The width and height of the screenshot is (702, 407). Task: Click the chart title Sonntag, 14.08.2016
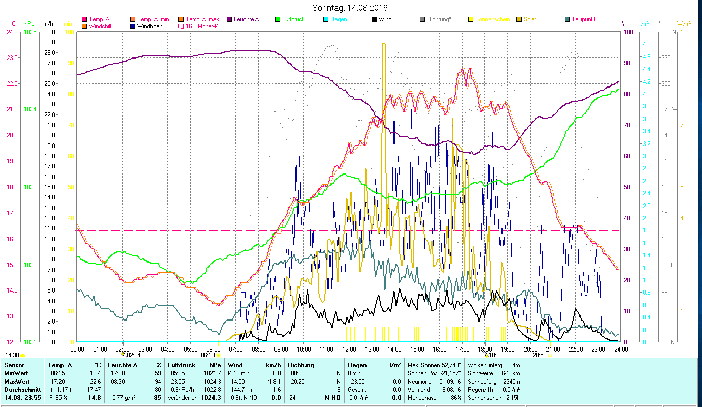(x=351, y=8)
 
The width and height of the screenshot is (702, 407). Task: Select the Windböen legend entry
(x=149, y=26)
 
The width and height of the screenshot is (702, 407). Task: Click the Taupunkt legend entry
(x=583, y=19)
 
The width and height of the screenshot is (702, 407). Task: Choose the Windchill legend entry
(x=102, y=26)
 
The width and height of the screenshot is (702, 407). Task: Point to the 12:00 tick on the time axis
(x=349, y=350)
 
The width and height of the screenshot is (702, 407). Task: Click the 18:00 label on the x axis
(x=485, y=350)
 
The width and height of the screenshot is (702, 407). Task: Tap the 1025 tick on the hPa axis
(x=30, y=32)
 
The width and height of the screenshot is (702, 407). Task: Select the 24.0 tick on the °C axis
(x=12, y=32)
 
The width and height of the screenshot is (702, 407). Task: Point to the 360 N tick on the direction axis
(x=667, y=32)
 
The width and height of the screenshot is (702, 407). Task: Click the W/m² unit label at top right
(x=683, y=24)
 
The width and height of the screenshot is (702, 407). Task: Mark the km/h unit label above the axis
(x=46, y=24)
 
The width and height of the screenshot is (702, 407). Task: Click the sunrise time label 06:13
(x=208, y=355)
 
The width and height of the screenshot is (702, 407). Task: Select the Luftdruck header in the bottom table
(x=182, y=365)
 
